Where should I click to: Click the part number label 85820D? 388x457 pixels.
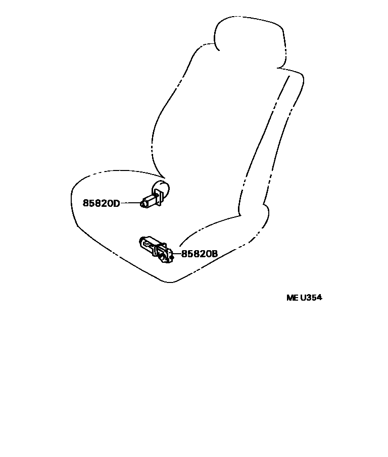tap(102, 203)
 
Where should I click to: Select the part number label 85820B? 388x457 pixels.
tap(199, 254)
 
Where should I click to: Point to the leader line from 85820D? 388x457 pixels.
tap(130, 203)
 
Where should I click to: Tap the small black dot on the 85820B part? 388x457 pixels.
tap(172, 257)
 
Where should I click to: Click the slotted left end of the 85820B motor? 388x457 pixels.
tap(143, 243)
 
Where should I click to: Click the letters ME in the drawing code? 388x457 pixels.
tap(293, 297)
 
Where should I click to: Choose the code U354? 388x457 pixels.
tap(311, 297)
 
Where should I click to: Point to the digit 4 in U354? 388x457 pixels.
tap(319, 297)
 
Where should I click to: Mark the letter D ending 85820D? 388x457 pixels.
tap(117, 203)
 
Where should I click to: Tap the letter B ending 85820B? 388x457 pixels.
tap(214, 254)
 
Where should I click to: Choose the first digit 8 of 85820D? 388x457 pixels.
tap(86, 203)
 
